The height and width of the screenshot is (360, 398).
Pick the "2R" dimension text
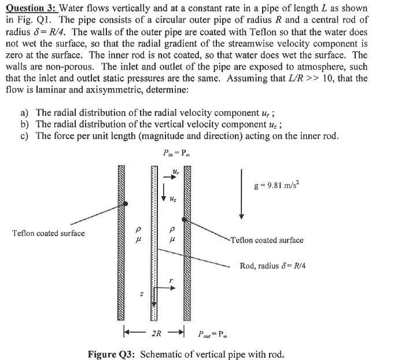click(x=156, y=334)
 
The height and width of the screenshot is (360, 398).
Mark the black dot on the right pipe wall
click(x=184, y=220)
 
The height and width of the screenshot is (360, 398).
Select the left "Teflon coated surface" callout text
click(x=48, y=233)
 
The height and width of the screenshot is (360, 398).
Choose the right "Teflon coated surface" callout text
click(x=267, y=240)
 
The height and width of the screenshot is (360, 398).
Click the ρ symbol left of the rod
click(x=137, y=228)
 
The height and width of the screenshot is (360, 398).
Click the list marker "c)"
click(x=25, y=135)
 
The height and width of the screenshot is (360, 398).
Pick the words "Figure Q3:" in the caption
click(x=112, y=353)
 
